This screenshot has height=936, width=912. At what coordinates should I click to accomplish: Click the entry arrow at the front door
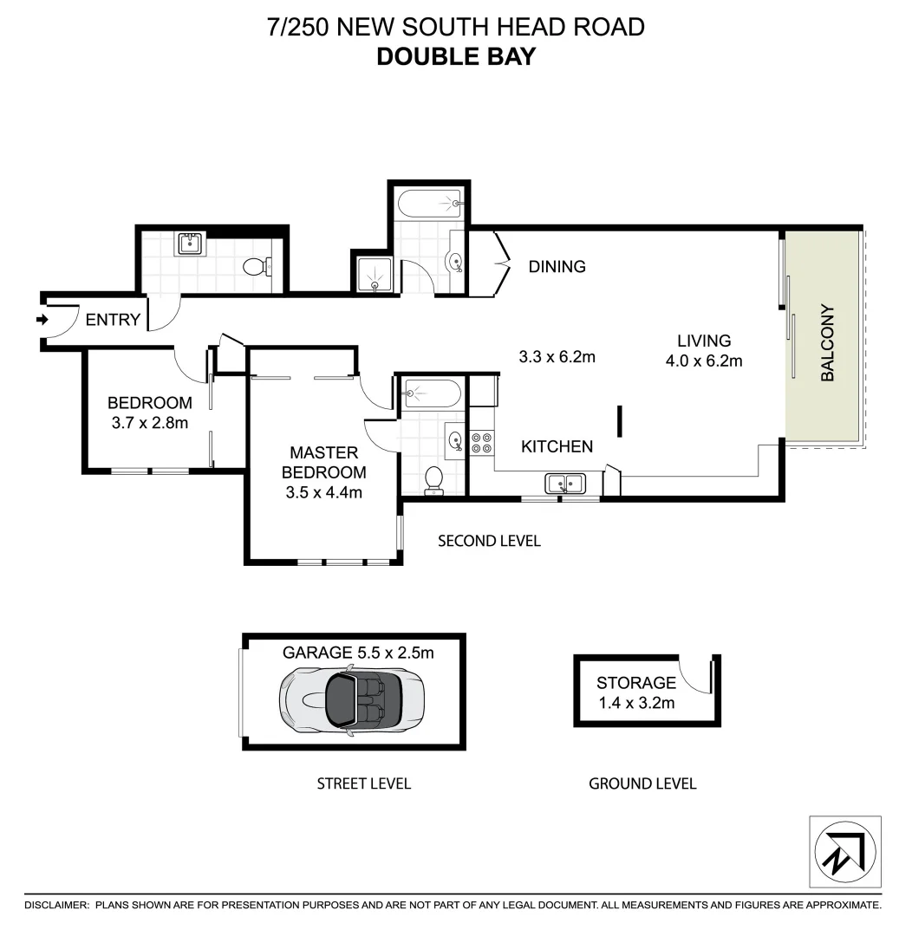click(41, 320)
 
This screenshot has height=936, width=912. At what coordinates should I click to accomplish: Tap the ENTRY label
click(113, 320)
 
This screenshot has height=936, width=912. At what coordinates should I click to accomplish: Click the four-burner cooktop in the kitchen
click(481, 443)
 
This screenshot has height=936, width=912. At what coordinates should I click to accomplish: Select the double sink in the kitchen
click(565, 483)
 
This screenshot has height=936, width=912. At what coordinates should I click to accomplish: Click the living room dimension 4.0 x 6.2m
click(704, 361)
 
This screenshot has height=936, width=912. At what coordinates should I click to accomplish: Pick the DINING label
click(557, 267)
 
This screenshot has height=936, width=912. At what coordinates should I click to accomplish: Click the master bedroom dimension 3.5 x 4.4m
click(323, 494)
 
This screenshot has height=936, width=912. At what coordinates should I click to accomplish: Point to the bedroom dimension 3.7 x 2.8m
click(149, 423)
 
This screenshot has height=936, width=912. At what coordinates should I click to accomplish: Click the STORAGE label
click(635, 683)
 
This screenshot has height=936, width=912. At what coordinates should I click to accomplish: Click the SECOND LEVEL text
click(489, 541)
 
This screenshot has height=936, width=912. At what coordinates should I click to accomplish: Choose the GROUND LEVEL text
click(642, 783)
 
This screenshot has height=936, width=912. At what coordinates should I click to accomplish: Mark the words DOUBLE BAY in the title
click(456, 56)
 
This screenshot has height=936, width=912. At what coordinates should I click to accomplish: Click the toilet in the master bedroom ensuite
click(434, 480)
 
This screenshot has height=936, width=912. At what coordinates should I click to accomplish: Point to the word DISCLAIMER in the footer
click(56, 905)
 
